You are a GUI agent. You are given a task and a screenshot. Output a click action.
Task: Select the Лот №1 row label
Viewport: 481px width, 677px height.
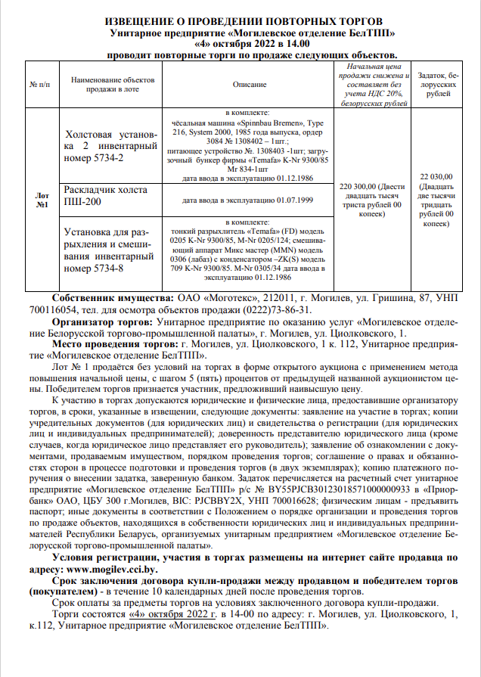pos(42,199)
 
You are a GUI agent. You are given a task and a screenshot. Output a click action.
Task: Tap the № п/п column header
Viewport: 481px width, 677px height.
pos(42,85)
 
